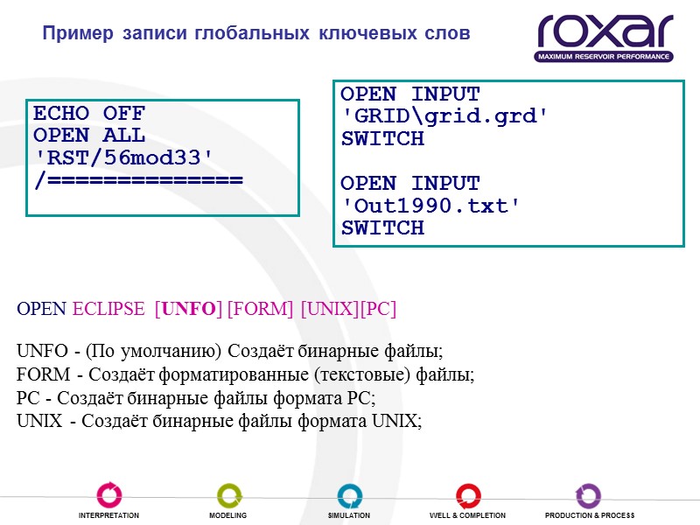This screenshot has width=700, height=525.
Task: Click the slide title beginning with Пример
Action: (x=256, y=34)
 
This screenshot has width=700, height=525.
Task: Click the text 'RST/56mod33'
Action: (x=122, y=157)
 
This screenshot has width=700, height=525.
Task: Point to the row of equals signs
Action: (x=137, y=179)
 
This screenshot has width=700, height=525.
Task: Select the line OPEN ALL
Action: (x=88, y=136)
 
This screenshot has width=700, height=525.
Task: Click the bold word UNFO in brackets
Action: (x=188, y=309)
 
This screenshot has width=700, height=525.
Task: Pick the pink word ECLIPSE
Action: (x=108, y=309)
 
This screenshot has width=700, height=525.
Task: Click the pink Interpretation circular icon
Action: (x=109, y=494)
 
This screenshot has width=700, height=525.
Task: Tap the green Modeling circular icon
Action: (x=229, y=494)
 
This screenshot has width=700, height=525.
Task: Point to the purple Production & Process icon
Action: (x=588, y=494)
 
